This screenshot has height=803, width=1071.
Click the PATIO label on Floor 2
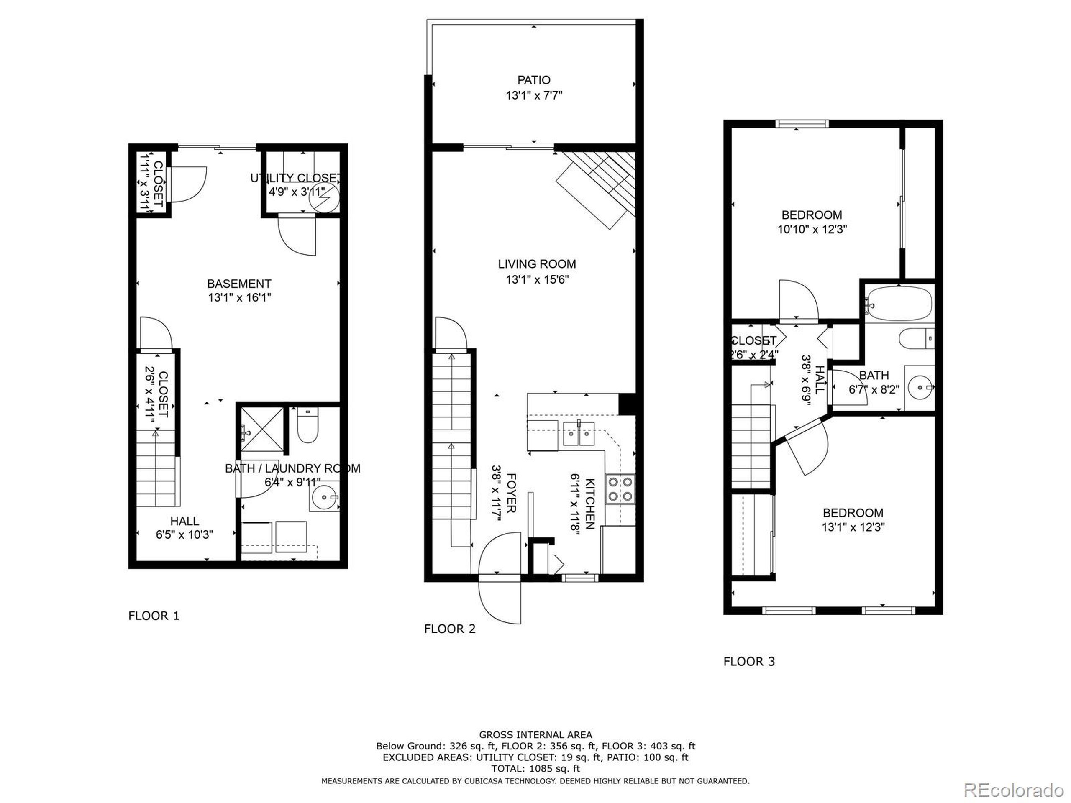(533, 80)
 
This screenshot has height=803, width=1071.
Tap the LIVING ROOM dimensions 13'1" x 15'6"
(537, 279)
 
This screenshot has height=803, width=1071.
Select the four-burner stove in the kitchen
(621, 489)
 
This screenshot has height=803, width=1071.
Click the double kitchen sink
(579, 433)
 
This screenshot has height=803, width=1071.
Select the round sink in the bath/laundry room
(323, 496)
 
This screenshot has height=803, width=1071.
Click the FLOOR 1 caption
(154, 616)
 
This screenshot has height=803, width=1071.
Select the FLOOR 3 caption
(749, 661)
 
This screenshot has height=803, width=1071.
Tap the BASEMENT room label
(239, 284)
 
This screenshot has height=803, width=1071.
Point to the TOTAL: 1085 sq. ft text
(535, 768)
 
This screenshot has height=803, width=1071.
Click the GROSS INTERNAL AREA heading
(535, 735)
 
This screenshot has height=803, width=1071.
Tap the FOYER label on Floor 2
(511, 493)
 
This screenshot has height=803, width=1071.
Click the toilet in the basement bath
(307, 426)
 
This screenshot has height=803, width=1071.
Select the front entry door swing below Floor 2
(501, 600)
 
